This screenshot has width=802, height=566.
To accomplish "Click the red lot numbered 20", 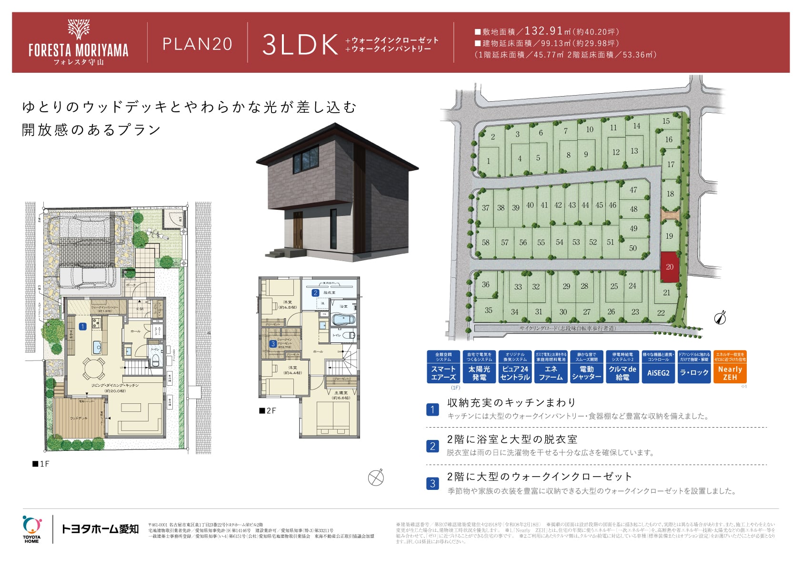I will click(669, 267).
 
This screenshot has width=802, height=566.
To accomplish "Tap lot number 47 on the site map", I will click(633, 190).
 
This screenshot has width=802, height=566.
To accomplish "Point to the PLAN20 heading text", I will click(197, 44).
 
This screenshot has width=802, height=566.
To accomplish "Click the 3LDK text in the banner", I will click(300, 45).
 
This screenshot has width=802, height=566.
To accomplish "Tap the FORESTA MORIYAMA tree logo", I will click(79, 29).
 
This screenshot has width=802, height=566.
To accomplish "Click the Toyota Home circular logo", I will click(31, 526).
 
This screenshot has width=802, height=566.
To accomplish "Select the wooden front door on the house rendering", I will click(298, 230).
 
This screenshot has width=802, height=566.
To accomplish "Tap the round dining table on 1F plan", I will click(93, 368).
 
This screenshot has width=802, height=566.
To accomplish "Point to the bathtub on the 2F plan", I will click(342, 319).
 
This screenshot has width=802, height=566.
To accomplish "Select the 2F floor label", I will click(268, 410).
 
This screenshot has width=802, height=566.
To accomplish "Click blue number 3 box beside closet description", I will click(432, 484).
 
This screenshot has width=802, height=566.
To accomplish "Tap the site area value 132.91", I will click(543, 31).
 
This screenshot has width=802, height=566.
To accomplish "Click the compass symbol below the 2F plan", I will click(376, 478).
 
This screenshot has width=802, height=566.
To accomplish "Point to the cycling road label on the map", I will click(568, 328).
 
